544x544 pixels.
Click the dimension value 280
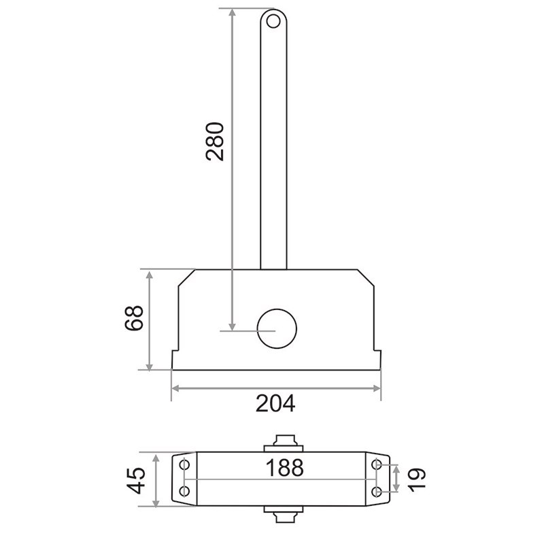215,141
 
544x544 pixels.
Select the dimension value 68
134,318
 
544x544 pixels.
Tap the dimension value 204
275,403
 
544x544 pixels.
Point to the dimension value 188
284,468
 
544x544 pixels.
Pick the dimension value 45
135,480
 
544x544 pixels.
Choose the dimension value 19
416,479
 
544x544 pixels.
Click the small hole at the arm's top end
273,22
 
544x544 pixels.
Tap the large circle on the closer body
277,328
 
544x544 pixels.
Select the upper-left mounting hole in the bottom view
185,464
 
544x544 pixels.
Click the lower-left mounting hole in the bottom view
185,491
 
